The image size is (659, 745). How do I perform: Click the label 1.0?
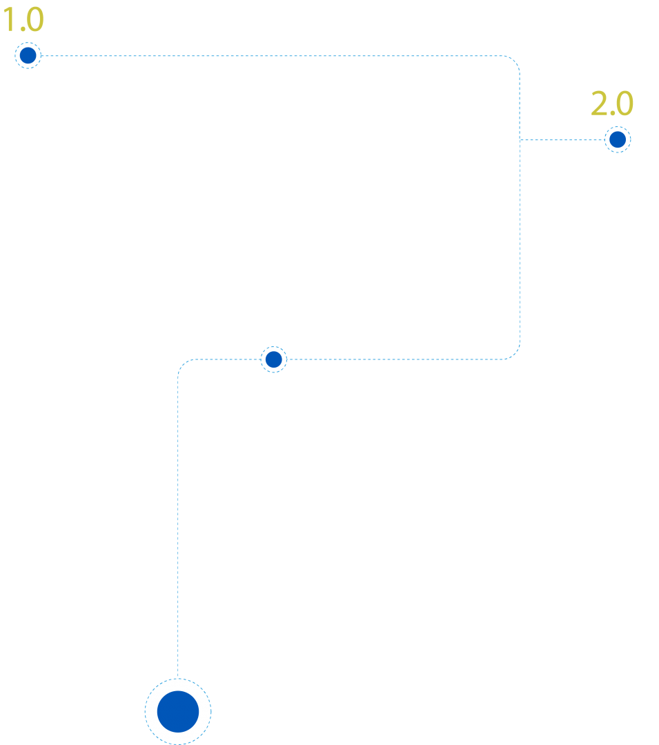(23, 20)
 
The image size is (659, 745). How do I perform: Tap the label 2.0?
(612, 103)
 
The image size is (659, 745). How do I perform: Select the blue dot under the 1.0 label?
(28, 56)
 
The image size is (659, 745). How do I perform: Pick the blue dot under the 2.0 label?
(618, 139)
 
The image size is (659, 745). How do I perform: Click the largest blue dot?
(178, 711)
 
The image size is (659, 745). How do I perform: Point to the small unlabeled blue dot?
(274, 359)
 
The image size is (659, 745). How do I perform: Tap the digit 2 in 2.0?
(600, 103)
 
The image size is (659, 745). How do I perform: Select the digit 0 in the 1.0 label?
(35, 20)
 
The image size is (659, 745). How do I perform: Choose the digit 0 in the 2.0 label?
(624, 103)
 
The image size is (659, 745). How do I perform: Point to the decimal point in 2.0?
(612, 114)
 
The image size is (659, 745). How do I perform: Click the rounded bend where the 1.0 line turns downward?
(515, 61)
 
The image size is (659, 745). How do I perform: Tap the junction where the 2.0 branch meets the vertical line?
(520, 139)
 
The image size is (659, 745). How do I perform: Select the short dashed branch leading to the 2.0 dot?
(562, 139)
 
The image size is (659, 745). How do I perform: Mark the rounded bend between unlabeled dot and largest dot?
(183, 364)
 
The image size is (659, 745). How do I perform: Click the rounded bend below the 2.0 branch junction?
(515, 354)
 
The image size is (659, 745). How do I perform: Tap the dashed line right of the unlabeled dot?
(395, 359)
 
